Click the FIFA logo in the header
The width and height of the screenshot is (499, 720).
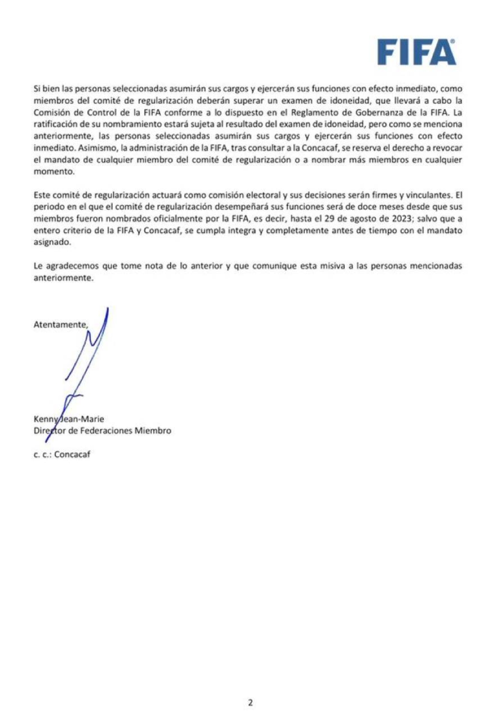[416, 52]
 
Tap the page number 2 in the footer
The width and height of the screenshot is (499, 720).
[250, 703]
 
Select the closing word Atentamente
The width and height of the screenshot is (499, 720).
[60, 325]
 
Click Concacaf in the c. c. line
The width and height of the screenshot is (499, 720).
[72, 454]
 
